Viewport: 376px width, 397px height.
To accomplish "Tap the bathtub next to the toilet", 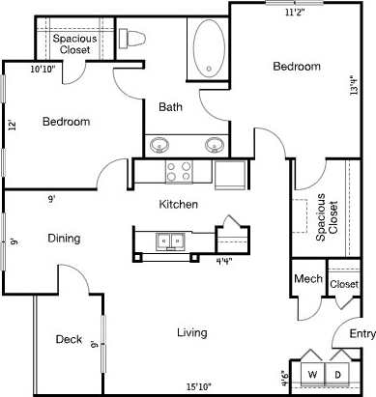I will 207,47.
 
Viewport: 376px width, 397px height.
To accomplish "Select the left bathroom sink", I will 160,146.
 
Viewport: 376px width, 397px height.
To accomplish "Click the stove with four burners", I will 179,172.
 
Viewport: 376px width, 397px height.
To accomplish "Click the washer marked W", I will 313,374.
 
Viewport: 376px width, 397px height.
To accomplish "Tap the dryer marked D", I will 338,374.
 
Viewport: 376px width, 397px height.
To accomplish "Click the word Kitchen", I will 179,204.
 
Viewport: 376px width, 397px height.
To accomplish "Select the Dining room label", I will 64,238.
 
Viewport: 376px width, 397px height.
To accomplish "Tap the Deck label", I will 68,339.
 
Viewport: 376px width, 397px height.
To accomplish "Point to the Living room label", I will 191,333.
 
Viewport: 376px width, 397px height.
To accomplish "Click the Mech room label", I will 307,279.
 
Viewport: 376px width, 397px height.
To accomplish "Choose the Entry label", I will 362,334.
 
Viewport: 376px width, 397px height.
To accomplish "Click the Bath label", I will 171,107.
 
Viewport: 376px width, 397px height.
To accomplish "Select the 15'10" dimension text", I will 199,387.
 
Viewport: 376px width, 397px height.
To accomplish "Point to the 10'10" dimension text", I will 42,69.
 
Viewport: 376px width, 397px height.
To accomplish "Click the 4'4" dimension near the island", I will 223,261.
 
